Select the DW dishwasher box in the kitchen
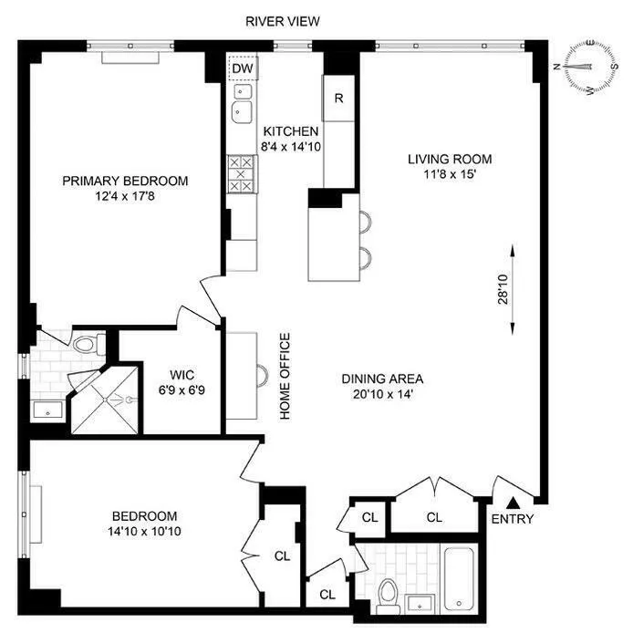click(242, 68)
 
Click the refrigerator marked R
click(338, 99)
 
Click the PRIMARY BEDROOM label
click(125, 181)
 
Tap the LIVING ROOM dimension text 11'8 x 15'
click(444, 176)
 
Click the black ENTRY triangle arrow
click(514, 501)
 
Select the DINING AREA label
click(382, 379)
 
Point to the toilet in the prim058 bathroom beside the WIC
click(88, 344)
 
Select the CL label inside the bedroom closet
click(282, 555)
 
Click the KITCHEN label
click(291, 131)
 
